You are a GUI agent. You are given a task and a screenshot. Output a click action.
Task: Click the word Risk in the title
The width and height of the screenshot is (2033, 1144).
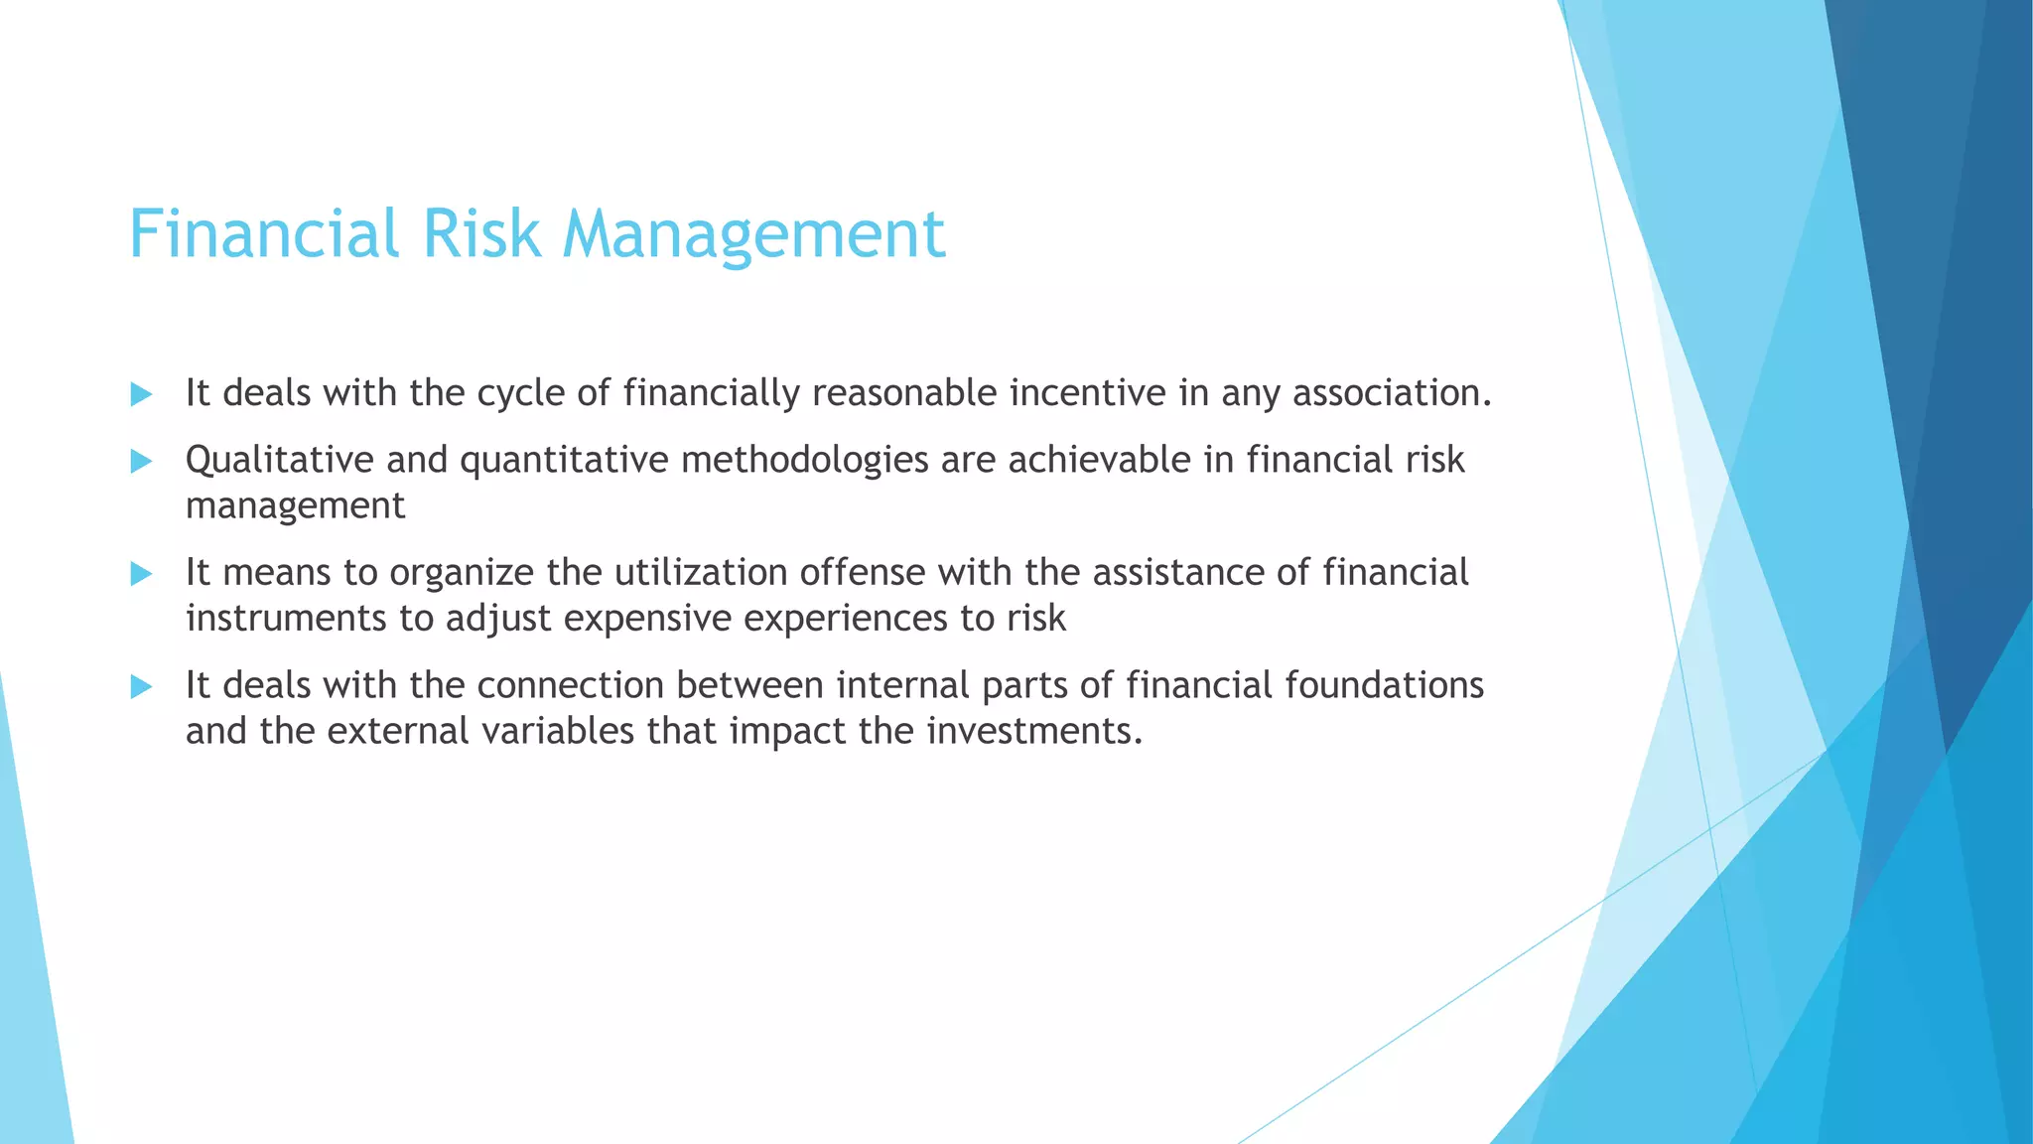[x=480, y=234]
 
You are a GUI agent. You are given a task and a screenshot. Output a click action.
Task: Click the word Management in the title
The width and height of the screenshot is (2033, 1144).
[x=753, y=234]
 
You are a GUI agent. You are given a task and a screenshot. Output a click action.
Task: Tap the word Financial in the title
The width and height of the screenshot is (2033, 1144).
[x=263, y=234]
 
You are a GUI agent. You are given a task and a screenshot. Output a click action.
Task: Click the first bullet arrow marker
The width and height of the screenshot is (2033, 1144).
[x=141, y=394]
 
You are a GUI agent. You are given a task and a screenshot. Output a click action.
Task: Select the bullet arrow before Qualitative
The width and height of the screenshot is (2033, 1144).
[x=141, y=461]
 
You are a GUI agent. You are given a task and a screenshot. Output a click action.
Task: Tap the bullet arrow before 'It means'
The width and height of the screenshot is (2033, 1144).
[x=141, y=573]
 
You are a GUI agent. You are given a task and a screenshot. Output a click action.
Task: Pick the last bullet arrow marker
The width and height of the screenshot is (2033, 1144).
[x=141, y=686]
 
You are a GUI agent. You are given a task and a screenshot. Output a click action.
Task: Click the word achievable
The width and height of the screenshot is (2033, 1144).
[x=1066, y=461]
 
